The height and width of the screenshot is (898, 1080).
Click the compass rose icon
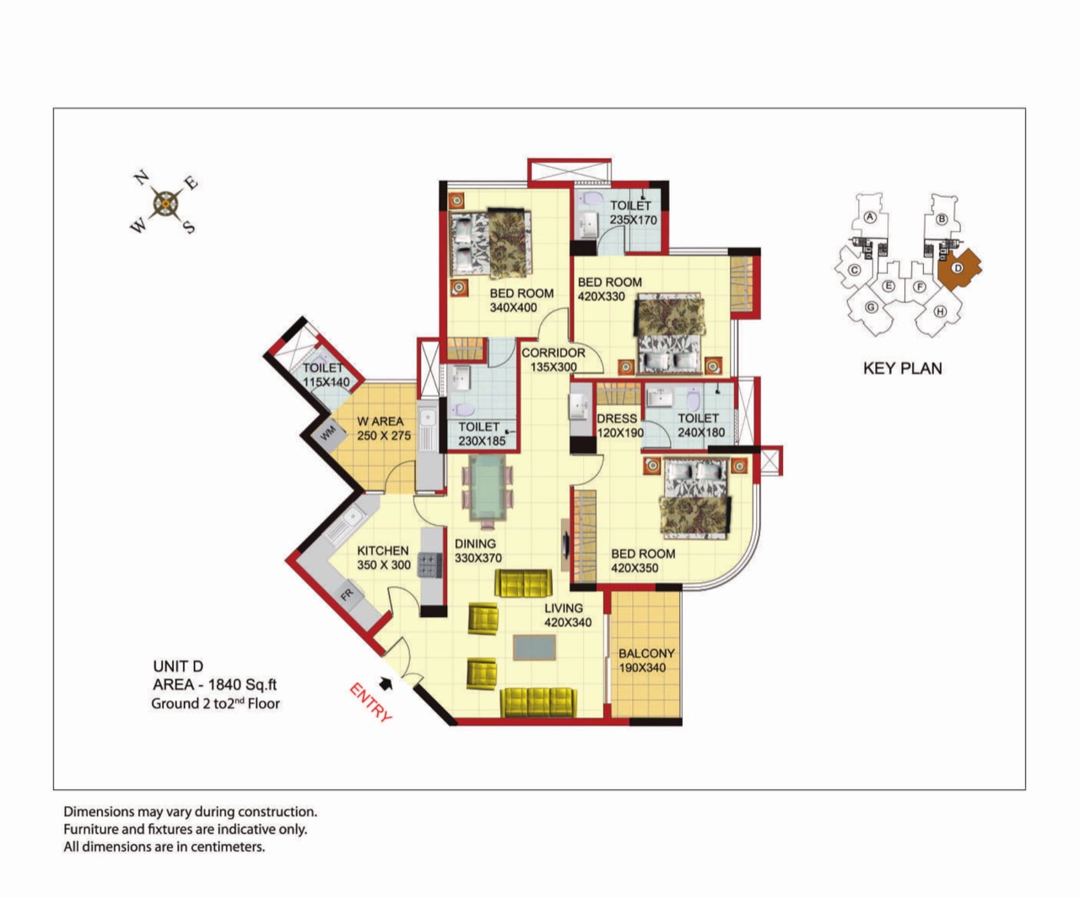(x=165, y=203)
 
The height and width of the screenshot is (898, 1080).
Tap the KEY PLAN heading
(x=903, y=368)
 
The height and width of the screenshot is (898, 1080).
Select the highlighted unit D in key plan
(x=958, y=268)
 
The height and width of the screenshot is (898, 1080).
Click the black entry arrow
(x=386, y=684)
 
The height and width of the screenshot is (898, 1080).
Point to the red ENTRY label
(x=371, y=702)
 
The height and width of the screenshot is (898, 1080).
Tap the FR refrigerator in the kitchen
(x=347, y=595)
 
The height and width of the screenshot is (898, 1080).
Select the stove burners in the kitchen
(x=429, y=565)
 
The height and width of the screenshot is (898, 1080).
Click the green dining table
(x=487, y=488)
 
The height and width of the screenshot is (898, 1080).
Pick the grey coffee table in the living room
(x=534, y=647)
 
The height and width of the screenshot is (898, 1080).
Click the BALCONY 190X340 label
(x=646, y=660)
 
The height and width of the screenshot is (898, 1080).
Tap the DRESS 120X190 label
(x=619, y=425)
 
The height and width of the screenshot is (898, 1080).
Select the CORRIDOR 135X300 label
(x=553, y=360)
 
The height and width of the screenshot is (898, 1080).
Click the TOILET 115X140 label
(x=326, y=375)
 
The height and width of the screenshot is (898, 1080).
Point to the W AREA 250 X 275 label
(x=383, y=428)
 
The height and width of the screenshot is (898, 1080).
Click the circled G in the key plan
(x=871, y=307)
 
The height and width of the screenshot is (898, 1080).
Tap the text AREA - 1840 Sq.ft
(x=214, y=684)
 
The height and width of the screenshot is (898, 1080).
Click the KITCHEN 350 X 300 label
(x=383, y=558)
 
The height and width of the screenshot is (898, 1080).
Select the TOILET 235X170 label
(x=633, y=213)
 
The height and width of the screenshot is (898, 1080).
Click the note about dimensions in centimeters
(x=164, y=847)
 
